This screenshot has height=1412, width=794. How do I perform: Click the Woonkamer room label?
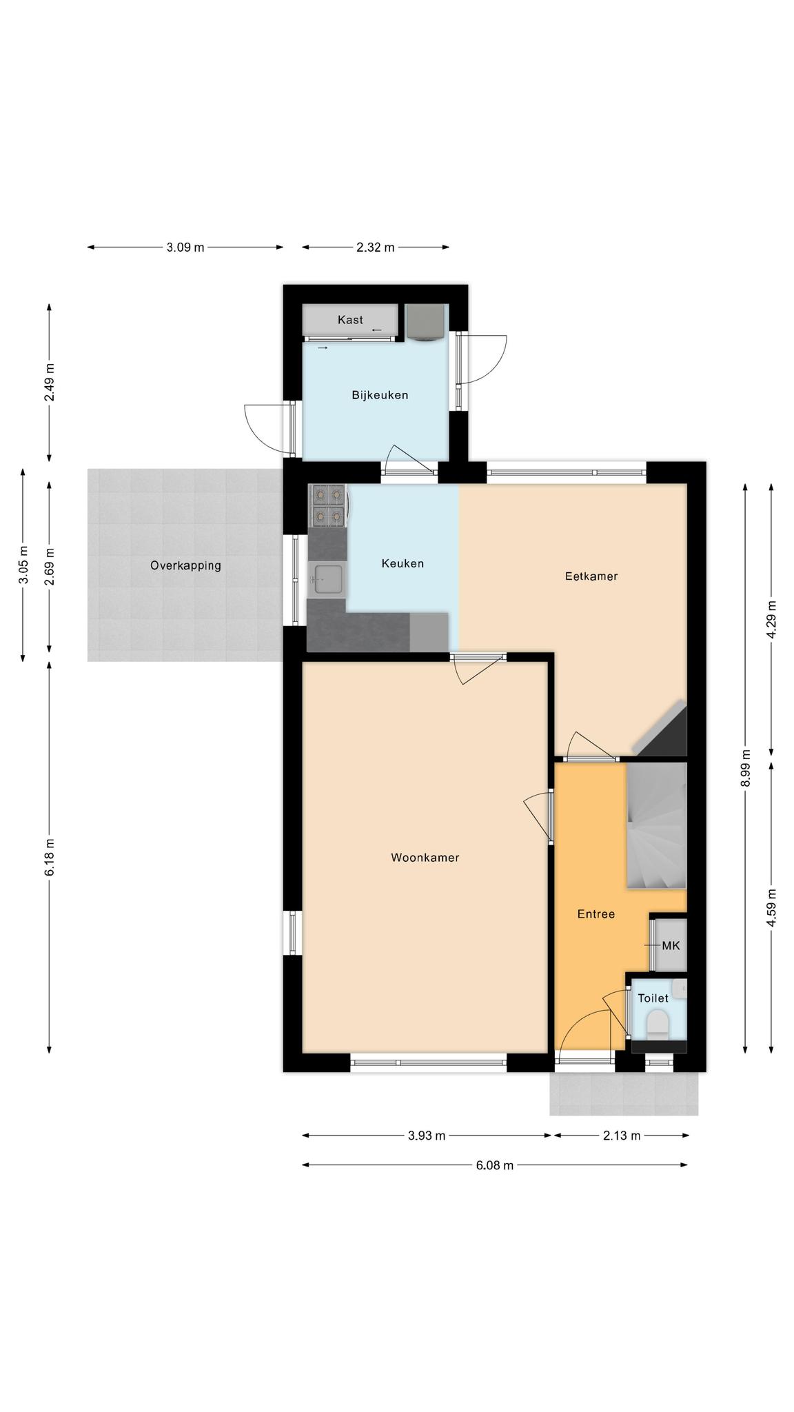point(425,858)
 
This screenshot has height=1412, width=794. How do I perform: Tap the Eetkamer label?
point(591,576)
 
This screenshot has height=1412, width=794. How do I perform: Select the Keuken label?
point(403,563)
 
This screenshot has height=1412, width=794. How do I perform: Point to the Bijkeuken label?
point(380,395)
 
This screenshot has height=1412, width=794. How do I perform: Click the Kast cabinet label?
point(350,320)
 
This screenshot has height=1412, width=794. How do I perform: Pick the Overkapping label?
point(185,566)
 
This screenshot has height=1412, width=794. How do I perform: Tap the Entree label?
point(595,914)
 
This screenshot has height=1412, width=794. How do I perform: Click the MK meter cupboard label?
point(671,946)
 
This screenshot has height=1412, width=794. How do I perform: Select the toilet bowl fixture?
point(658,1023)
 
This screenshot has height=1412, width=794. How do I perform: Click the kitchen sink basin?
point(327,578)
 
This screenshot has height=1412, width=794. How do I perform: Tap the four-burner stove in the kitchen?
point(329,505)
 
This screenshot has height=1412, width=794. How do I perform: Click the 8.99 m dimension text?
point(745,768)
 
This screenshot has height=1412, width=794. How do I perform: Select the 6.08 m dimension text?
point(494,1165)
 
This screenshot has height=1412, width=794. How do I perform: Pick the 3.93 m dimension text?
point(427,1136)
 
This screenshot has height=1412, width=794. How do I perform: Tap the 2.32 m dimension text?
point(376,248)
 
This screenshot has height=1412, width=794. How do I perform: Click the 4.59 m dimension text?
point(771,908)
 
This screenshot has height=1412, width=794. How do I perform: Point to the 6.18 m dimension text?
point(50,857)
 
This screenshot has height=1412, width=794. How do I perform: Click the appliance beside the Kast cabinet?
point(426,322)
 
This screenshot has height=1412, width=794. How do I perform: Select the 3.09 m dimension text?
point(185,248)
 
